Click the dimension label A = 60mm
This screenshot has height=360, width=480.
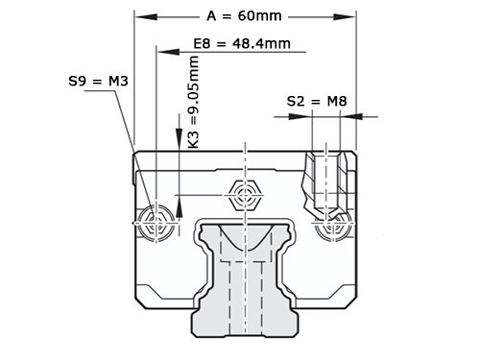(244, 16)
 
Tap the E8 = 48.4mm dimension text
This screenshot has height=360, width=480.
(242, 43)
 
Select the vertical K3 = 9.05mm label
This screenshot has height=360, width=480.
(194, 102)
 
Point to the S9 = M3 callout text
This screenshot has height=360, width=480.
(98, 82)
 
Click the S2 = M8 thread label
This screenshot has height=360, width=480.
(317, 102)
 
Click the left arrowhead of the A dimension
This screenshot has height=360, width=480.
(146, 17)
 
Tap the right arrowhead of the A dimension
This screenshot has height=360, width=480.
(345, 17)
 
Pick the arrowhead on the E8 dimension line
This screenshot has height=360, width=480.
(169, 51)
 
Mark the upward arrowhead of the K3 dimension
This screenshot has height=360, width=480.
(180, 206)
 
